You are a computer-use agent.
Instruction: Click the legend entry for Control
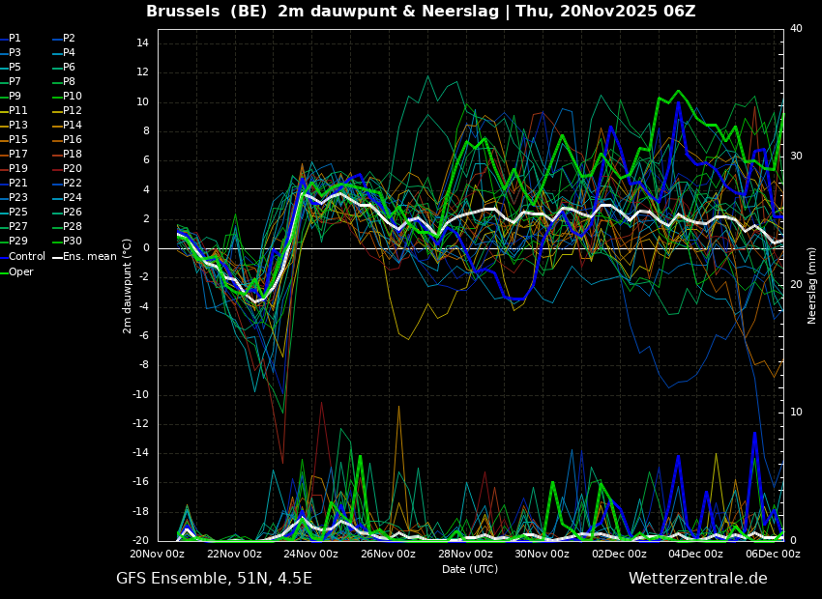22,257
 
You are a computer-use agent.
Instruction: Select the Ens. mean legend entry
85,257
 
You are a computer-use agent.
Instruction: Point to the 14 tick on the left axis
143,43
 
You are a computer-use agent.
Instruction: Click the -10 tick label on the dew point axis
140,395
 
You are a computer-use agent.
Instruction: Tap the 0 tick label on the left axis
146,248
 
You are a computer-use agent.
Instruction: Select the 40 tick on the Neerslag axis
796,28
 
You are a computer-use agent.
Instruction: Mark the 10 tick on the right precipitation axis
796,413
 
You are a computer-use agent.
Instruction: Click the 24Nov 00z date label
312,554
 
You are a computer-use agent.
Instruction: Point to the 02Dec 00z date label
619,554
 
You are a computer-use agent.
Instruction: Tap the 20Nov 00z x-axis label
159,554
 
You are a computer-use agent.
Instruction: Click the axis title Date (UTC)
470,569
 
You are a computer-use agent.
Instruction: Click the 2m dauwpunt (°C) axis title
127,286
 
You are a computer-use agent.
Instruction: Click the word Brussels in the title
183,11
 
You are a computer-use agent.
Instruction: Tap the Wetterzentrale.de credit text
698,578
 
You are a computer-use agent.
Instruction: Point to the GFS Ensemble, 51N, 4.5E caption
214,579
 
